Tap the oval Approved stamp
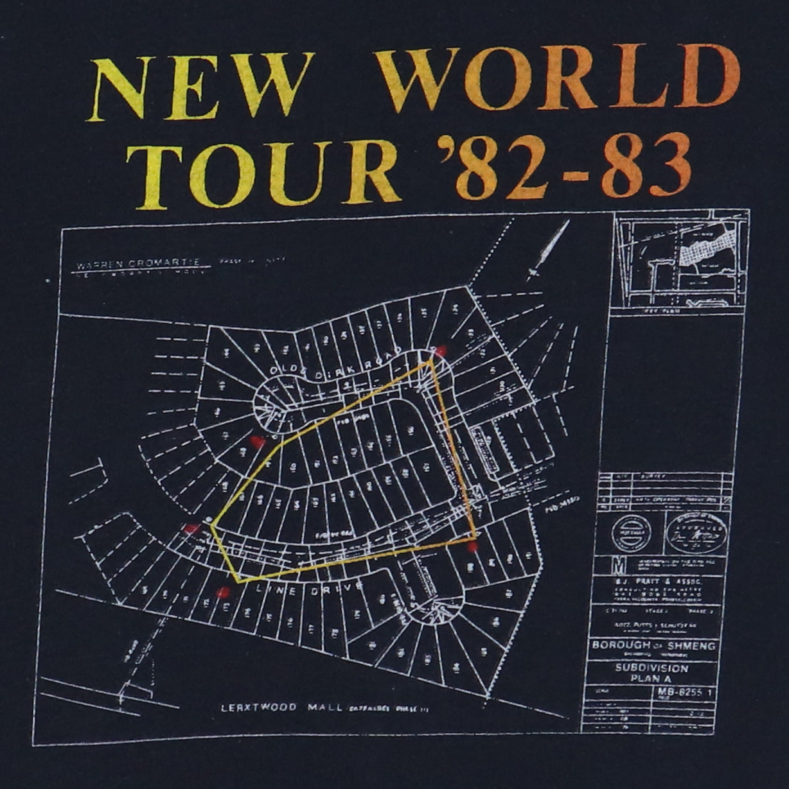[696, 530]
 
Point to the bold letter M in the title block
[601, 565]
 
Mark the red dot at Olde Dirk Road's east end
[441, 351]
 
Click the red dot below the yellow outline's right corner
[474, 548]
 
